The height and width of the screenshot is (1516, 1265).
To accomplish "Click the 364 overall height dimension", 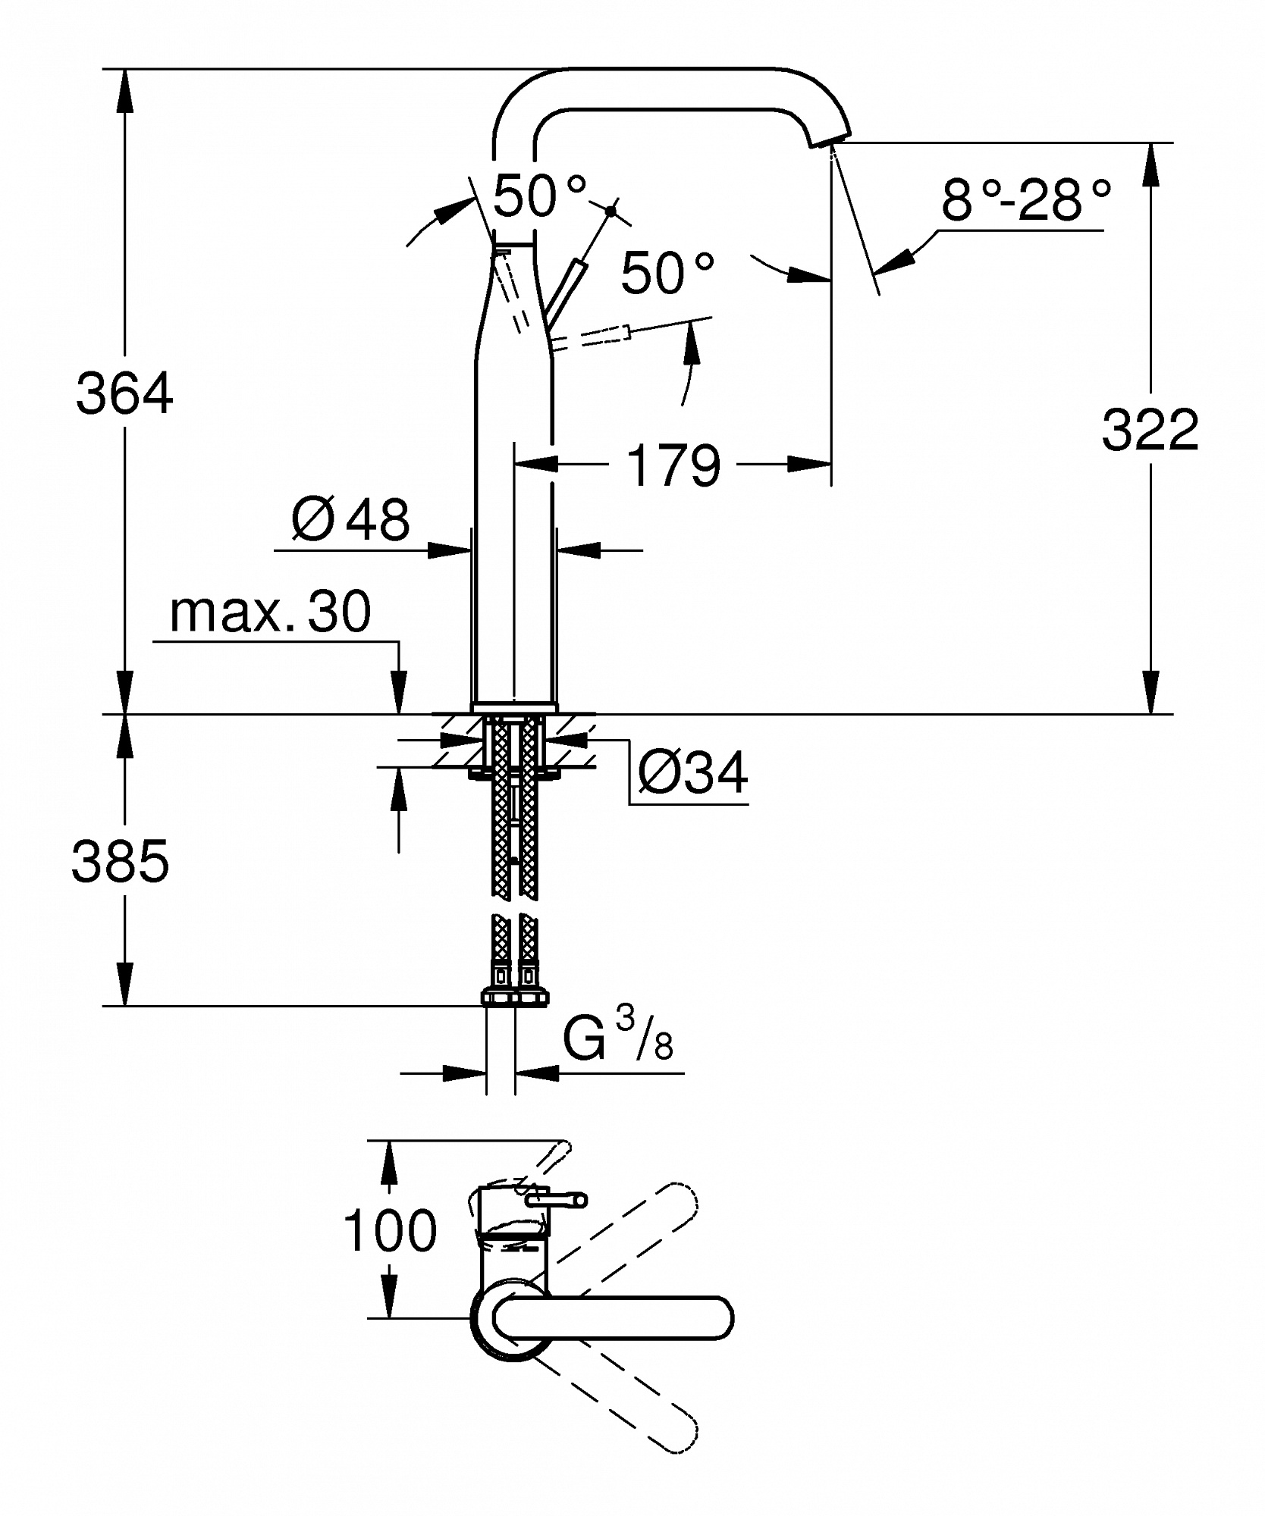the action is pos(125,394).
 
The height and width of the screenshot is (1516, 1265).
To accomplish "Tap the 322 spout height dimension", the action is pos(1150,430).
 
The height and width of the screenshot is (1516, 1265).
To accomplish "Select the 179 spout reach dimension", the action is pos(674,465).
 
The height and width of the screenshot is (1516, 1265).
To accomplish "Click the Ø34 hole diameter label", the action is pos(692,772).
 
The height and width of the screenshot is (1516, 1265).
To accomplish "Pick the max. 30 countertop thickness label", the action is pos(270,612).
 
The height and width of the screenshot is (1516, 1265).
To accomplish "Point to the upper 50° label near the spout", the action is pos(539,196).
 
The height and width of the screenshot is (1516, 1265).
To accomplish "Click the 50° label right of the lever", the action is pos(667,273).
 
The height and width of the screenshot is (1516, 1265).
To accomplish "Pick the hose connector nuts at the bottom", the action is pos(514,997).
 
